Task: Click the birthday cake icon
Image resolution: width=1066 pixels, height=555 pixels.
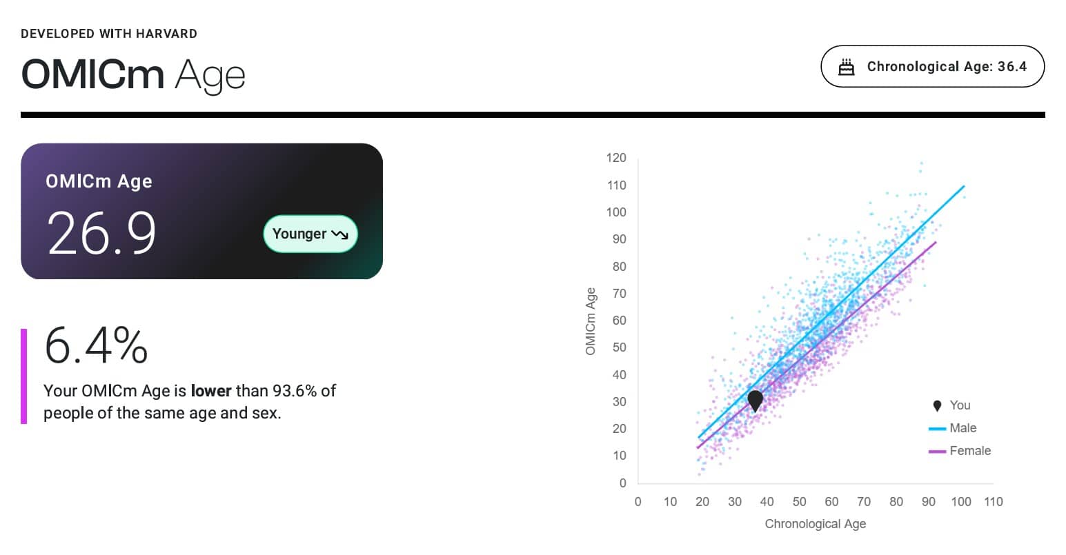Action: coord(846,67)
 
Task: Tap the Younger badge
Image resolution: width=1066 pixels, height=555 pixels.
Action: coord(310,234)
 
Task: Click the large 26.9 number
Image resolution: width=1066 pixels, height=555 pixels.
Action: coord(101,233)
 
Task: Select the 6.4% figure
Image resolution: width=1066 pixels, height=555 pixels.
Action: coord(96,345)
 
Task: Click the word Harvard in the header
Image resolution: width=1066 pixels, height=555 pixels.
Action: coord(166,34)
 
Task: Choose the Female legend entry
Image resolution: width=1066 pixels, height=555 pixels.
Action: coord(959,451)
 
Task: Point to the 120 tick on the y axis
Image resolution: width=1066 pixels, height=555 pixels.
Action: coord(616,158)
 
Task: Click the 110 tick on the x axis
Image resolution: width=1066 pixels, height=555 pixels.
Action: coord(993,502)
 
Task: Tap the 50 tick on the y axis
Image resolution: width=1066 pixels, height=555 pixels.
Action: coord(619,347)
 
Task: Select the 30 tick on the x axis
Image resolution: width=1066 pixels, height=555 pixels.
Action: coord(735,502)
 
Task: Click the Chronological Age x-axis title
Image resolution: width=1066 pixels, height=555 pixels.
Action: coord(816,523)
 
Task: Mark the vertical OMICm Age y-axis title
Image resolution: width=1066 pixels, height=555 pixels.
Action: coord(590,321)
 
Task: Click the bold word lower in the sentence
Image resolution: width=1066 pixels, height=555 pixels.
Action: coord(211,391)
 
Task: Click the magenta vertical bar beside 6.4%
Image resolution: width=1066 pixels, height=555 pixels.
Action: coord(23,376)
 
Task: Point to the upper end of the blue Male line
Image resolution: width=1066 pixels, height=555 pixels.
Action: coord(964,186)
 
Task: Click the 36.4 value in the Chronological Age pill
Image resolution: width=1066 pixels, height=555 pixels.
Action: coord(1012,67)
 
